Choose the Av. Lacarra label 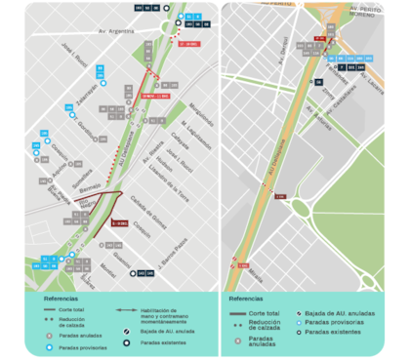pos(376,91)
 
